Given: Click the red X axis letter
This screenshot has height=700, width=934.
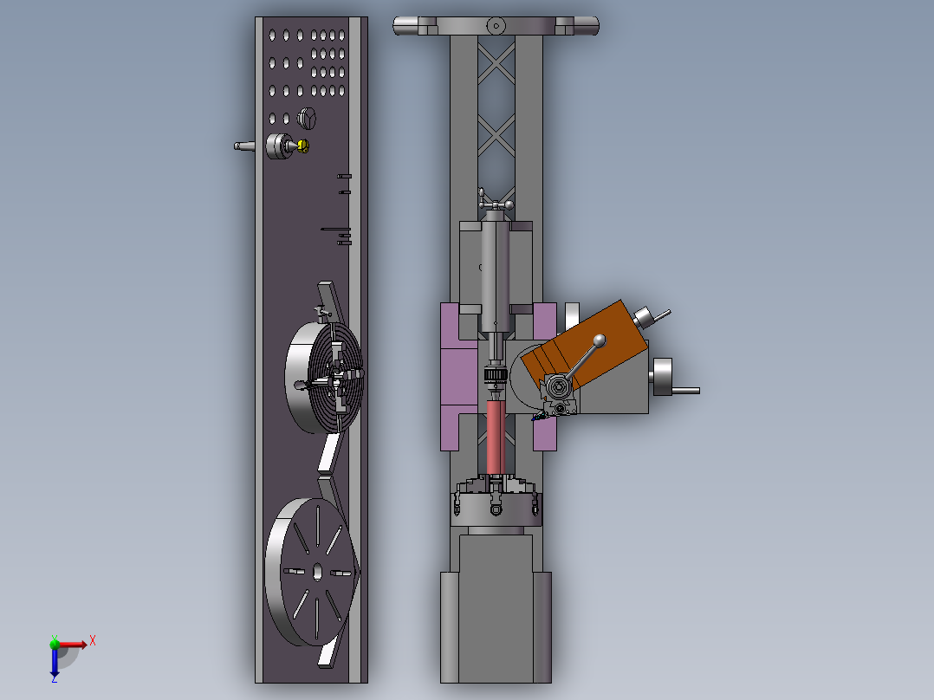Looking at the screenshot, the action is click(x=93, y=641).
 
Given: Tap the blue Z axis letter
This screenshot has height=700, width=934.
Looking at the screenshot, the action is click(x=55, y=678).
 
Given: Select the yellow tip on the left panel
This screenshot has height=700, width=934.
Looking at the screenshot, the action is click(x=303, y=146).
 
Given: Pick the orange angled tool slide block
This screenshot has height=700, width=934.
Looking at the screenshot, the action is click(x=584, y=345).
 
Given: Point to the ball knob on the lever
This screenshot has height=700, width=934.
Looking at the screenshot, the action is click(x=600, y=340).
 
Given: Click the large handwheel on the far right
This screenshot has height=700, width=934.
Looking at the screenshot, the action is click(x=662, y=377).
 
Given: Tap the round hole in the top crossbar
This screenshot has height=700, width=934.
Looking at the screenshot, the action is click(x=496, y=26).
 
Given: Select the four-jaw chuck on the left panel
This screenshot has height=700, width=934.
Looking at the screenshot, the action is click(x=324, y=377).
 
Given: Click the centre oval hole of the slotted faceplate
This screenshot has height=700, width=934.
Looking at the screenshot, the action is click(x=317, y=572).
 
